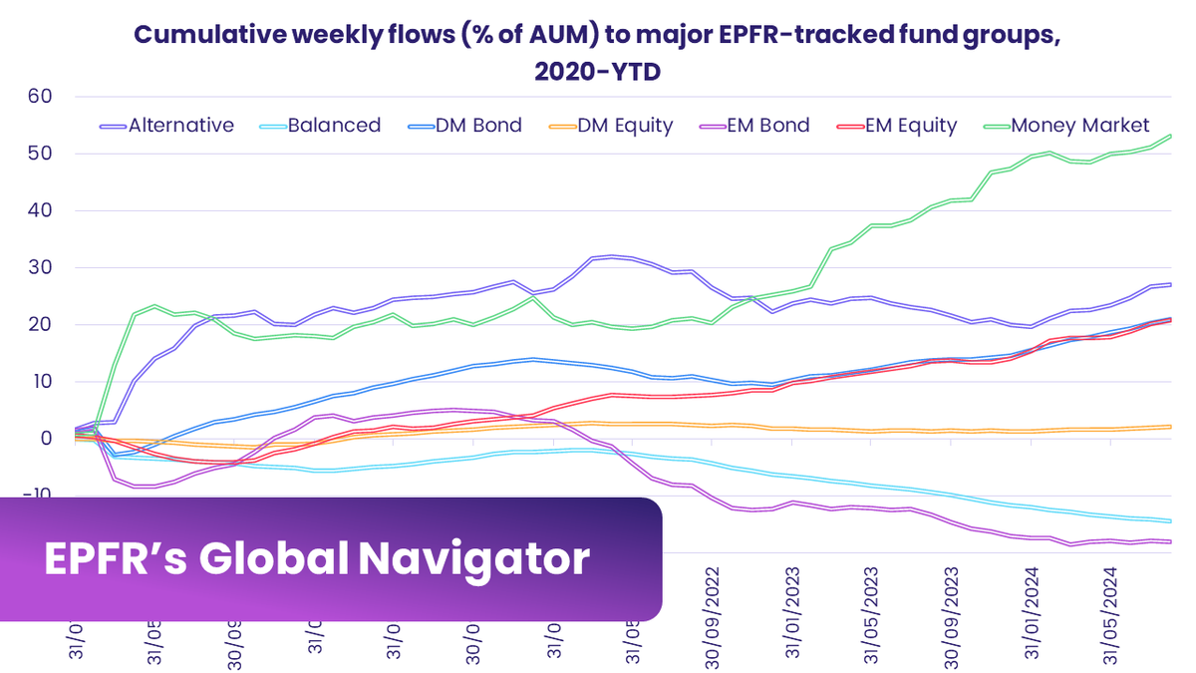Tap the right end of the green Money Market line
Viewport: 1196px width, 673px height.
point(1170,136)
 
